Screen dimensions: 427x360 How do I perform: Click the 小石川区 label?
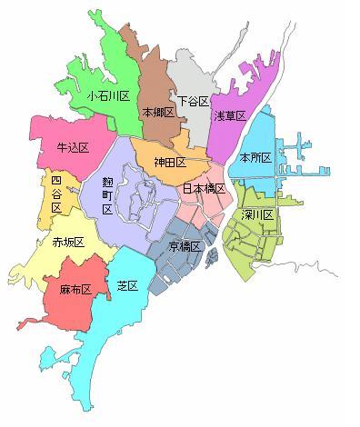(x=109, y=94)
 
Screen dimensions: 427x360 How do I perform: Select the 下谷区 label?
(x=193, y=101)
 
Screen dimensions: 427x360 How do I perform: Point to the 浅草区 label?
(x=230, y=115)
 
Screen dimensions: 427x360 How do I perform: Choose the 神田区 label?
(x=169, y=162)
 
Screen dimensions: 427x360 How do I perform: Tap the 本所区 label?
(x=255, y=157)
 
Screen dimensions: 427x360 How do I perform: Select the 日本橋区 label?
(x=204, y=189)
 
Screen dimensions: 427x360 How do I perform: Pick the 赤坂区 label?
(x=69, y=243)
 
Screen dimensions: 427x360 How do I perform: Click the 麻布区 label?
(x=75, y=290)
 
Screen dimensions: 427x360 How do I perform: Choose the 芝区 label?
(x=126, y=285)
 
